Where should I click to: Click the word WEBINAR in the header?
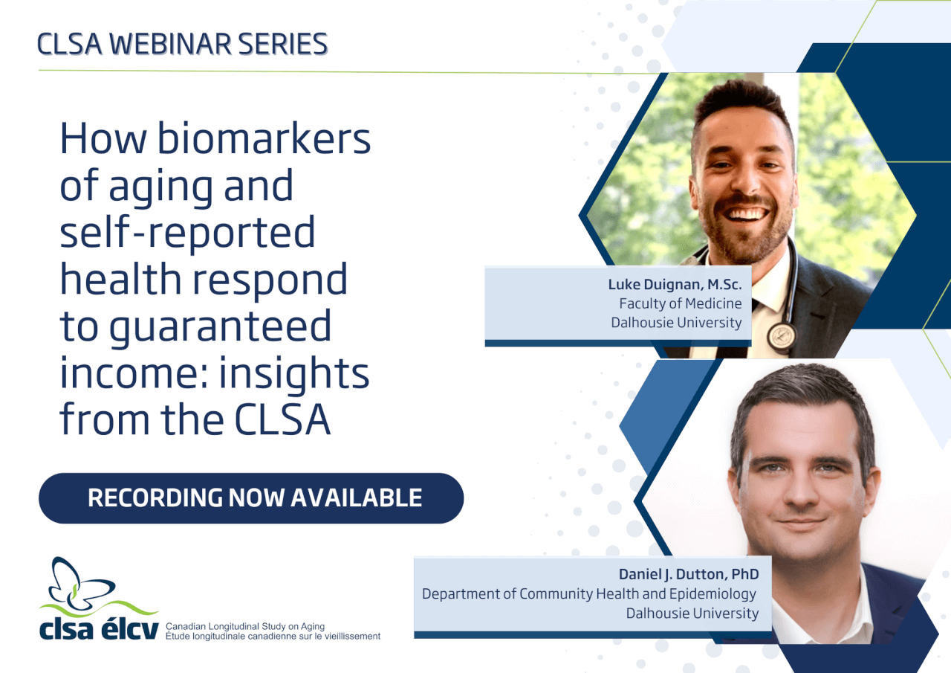[170, 44]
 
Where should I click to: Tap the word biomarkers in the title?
[264, 138]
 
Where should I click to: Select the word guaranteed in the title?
[221, 327]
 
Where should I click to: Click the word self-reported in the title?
[187, 231]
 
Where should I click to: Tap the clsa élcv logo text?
[99, 630]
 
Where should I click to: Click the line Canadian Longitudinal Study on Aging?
[245, 626]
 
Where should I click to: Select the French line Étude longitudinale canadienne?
[273, 636]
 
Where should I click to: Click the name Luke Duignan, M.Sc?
[675, 284]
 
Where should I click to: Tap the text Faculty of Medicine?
[680, 303]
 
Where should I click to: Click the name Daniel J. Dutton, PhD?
[689, 574]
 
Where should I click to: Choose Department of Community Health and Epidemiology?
[589, 593]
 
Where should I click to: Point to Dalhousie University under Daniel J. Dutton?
[692, 613]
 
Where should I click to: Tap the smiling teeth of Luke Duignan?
[747, 213]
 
